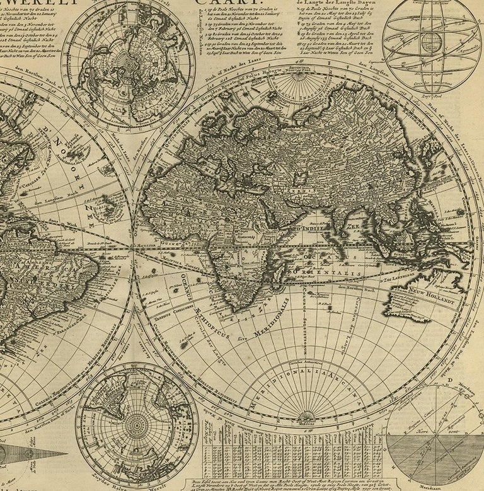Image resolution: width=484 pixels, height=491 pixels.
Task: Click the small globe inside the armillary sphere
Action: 431,43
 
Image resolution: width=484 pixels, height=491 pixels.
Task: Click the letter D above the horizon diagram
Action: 451,381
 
